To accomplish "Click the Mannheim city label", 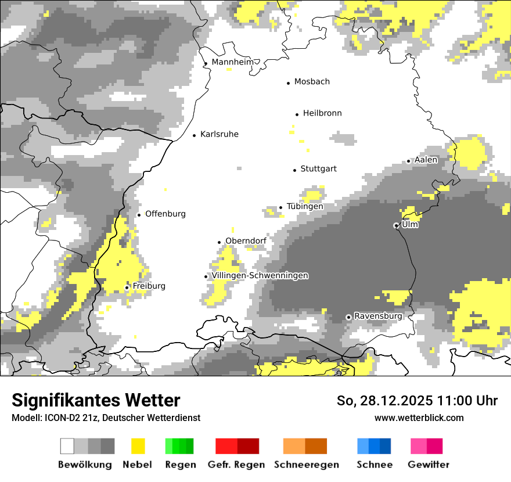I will tap(233, 62).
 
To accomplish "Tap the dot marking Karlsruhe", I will tap(195, 135).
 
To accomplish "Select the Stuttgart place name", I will tap(318, 169).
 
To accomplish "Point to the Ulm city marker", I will tap(396, 225).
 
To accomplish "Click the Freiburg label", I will tap(149, 286).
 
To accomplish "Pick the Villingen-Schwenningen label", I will tap(260, 275).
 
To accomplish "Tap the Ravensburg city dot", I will tap(348, 317).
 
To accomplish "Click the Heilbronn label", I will tap(322, 113).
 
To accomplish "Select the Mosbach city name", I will tap(312, 82).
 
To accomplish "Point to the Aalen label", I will tap(426, 160).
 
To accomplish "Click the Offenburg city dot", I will tap(139, 215).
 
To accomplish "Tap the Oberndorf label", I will tap(246, 240).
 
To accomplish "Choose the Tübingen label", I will tap(305, 206).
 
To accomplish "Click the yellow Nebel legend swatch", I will tap(138, 446).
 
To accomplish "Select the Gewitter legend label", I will tap(429, 465).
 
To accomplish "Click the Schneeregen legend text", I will tap(306, 465).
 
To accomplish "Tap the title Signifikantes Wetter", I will tap(96, 400).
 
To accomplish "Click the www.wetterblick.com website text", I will tap(419, 418).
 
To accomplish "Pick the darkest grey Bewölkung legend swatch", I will tap(108, 446).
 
